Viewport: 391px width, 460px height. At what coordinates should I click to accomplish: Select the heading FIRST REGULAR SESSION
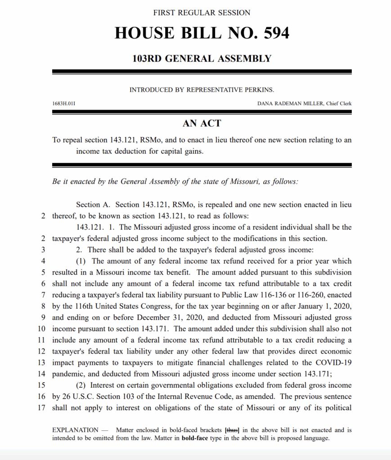click(202, 13)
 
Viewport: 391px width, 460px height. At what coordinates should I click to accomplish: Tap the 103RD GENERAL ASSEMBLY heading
click(202, 58)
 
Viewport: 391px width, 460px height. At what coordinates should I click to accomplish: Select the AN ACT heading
click(202, 123)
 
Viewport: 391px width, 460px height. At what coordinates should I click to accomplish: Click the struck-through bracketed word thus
click(232, 430)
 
